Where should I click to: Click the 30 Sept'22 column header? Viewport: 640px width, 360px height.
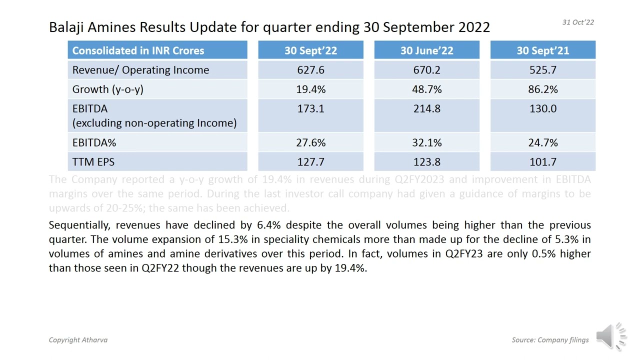click(x=310, y=50)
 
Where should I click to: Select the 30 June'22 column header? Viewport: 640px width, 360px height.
click(x=426, y=50)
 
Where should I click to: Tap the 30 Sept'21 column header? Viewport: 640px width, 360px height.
click(x=542, y=50)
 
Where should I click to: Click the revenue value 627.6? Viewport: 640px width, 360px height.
click(x=310, y=70)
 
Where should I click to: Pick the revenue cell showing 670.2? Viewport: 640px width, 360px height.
click(x=426, y=70)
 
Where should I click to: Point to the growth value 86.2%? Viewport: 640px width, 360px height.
click(x=542, y=89)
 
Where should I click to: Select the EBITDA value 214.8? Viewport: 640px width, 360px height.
click(x=426, y=109)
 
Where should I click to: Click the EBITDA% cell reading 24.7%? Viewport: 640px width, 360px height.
click(x=542, y=143)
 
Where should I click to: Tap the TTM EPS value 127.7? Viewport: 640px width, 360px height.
click(x=310, y=162)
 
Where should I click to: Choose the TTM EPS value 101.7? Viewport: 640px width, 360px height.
click(x=542, y=162)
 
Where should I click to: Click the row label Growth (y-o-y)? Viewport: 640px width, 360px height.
click(x=107, y=89)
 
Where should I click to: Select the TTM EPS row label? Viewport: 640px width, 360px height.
click(x=93, y=162)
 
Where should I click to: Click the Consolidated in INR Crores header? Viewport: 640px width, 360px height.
click(x=138, y=50)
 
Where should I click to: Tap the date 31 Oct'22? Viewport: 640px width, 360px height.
click(x=578, y=22)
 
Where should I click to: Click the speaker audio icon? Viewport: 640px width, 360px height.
click(x=610, y=335)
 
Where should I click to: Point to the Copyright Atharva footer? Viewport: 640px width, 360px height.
click(x=78, y=340)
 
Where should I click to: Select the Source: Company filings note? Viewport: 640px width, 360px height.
click(x=550, y=340)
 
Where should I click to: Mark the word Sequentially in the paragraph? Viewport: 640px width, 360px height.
click(x=80, y=225)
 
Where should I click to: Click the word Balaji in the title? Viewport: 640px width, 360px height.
click(x=67, y=27)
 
